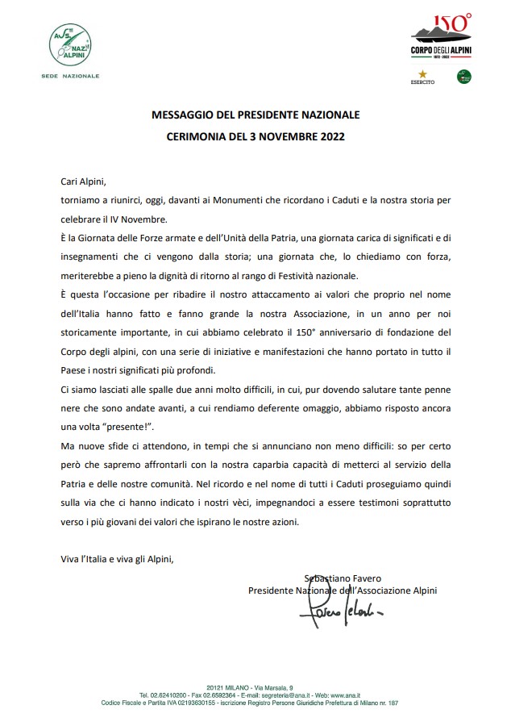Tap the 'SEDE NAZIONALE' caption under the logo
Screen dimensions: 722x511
coord(70,75)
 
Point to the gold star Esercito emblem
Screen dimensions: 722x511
coord(422,76)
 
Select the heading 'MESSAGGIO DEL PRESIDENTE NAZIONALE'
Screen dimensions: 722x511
coord(255,115)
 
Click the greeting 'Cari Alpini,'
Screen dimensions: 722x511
coord(83,182)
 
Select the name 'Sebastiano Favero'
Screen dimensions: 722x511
coord(343,578)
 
